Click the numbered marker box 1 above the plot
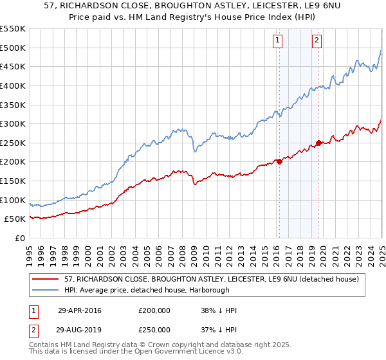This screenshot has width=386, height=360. [x=278, y=40]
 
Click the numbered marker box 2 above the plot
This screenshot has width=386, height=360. [x=317, y=40]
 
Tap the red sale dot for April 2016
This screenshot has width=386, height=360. [x=279, y=162]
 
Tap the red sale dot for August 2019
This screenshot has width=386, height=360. [x=318, y=143]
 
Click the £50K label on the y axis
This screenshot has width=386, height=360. [x=15, y=219]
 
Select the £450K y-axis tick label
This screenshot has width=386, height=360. [x=12, y=66]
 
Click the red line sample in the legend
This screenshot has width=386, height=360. [x=45, y=278]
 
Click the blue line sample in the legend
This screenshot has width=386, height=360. [x=45, y=290]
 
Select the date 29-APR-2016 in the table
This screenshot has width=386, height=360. [x=79, y=310]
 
